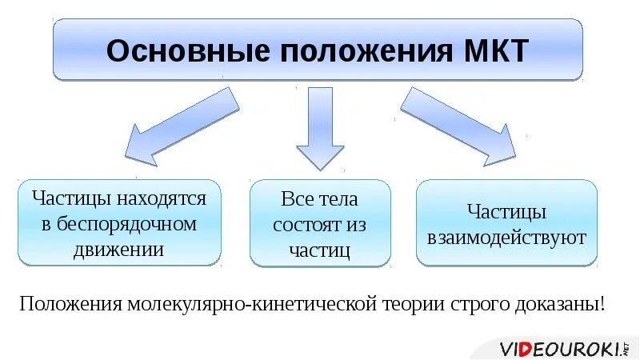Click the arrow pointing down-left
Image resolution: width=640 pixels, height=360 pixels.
click(181, 124)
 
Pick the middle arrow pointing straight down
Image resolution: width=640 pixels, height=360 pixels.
click(320, 128)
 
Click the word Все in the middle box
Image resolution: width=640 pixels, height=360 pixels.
click(298, 198)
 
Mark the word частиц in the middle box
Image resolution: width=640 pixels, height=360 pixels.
click(320, 250)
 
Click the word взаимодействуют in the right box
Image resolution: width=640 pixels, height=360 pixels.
click(506, 237)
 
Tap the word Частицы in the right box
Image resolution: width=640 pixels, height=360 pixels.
click(506, 212)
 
